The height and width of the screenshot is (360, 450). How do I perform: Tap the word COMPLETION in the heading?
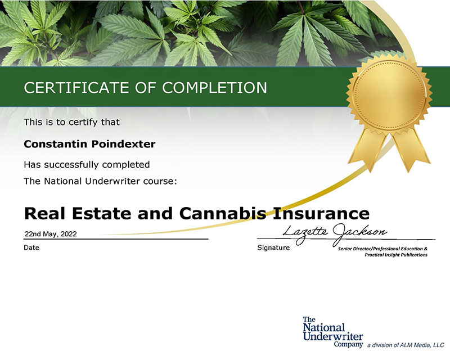pos(215,88)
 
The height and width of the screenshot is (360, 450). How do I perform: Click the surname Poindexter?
pos(123,144)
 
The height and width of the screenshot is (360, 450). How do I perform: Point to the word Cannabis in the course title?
pos(223,213)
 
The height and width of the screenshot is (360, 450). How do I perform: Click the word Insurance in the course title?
pos(321,213)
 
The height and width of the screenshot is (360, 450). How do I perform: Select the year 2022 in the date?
pos(69,234)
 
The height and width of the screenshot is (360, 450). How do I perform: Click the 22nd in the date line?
pos(33,234)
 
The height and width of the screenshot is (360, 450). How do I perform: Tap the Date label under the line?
pos(31,247)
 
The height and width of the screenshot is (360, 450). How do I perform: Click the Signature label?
pos(273,247)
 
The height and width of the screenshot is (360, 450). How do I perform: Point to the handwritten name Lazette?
pos(305,232)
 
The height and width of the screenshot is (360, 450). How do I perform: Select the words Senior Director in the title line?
pos(354,249)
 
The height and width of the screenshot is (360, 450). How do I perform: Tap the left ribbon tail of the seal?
pos(368,149)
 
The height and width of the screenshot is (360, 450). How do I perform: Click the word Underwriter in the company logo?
pos(333,336)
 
